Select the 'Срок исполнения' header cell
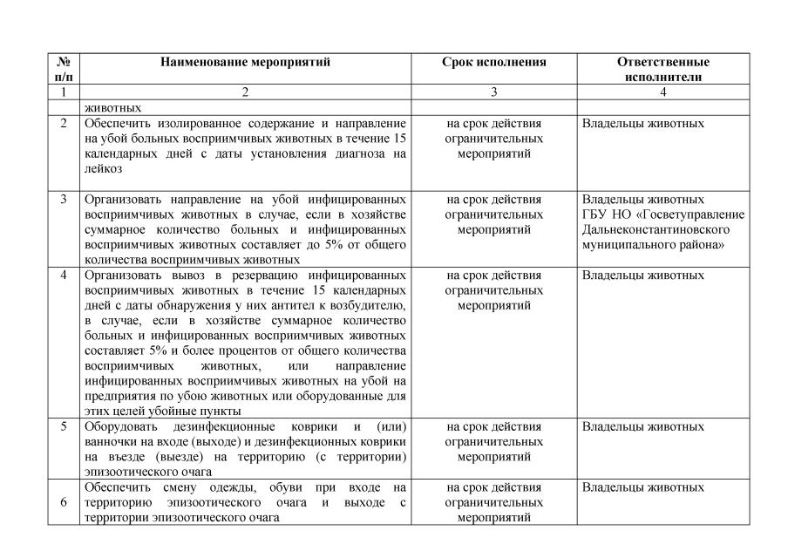coord(493,63)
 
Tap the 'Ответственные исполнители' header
coord(662,69)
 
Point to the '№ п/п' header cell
coord(63,69)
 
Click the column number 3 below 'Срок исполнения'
coord(493,91)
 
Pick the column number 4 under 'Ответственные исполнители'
coord(662,91)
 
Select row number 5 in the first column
coord(63,427)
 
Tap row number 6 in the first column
coord(63,501)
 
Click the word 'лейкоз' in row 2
coord(103,169)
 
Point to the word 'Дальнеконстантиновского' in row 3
coord(655,229)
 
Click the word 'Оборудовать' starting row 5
coord(121,427)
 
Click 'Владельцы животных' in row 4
coord(642,276)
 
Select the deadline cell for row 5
coord(493,441)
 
